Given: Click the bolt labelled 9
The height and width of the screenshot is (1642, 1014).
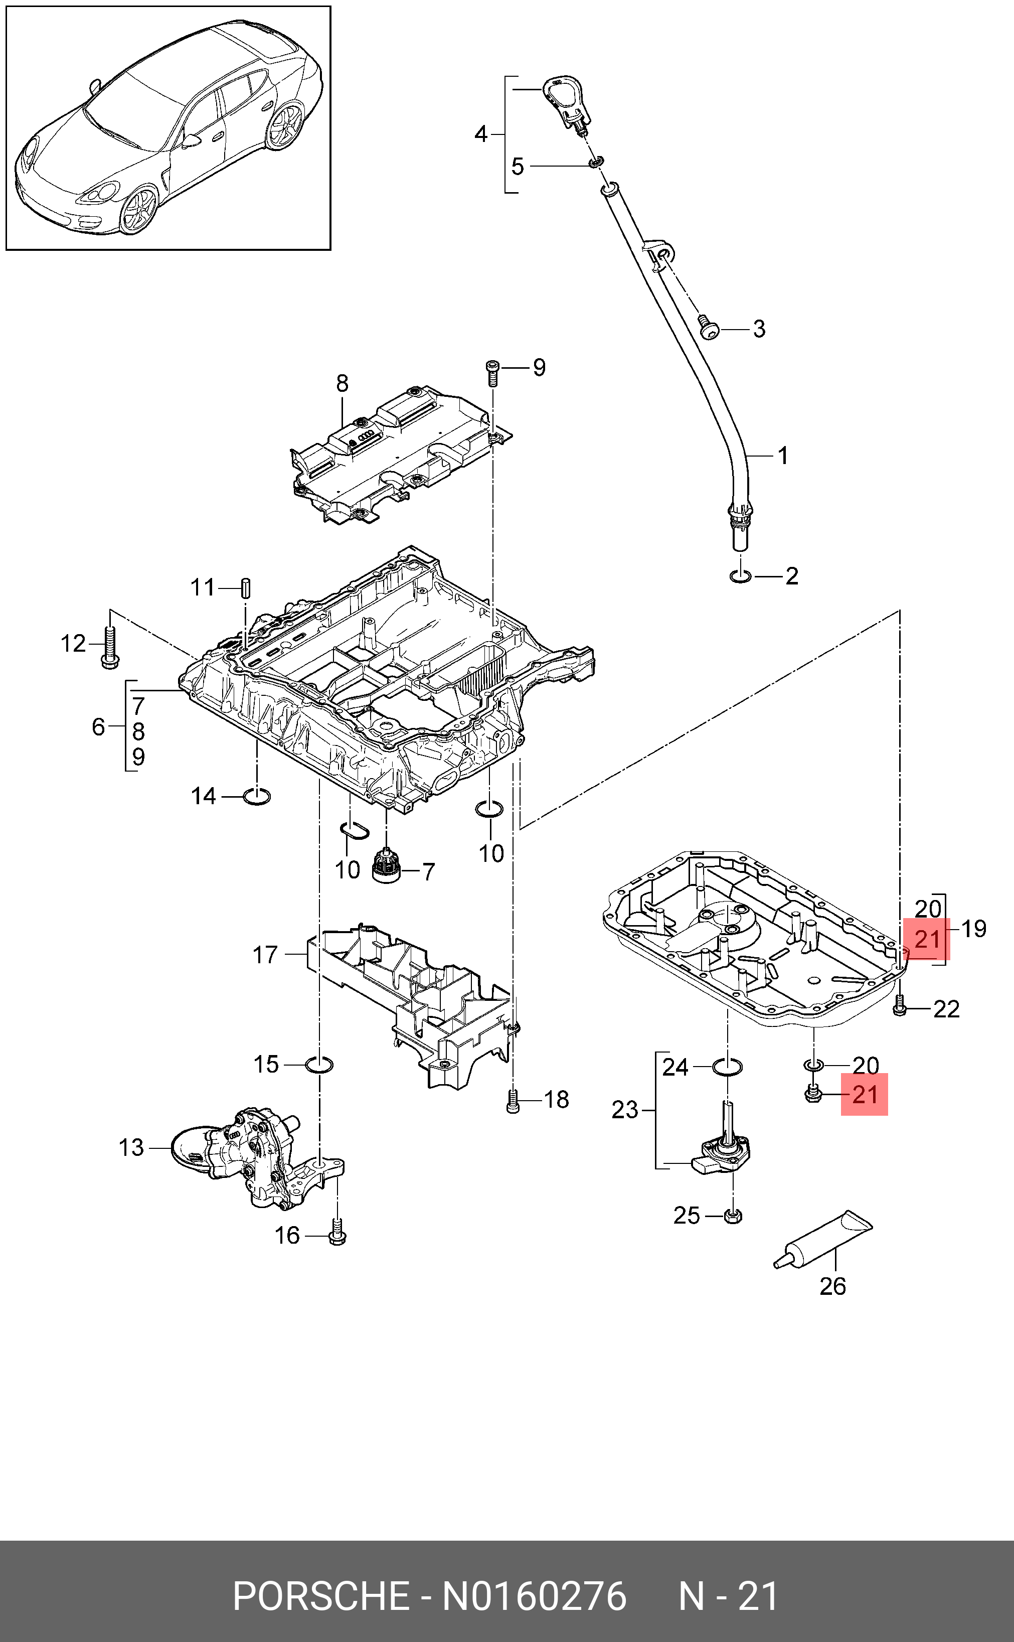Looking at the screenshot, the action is [x=492, y=373].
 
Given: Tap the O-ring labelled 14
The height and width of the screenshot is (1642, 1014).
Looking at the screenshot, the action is [x=256, y=797].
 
